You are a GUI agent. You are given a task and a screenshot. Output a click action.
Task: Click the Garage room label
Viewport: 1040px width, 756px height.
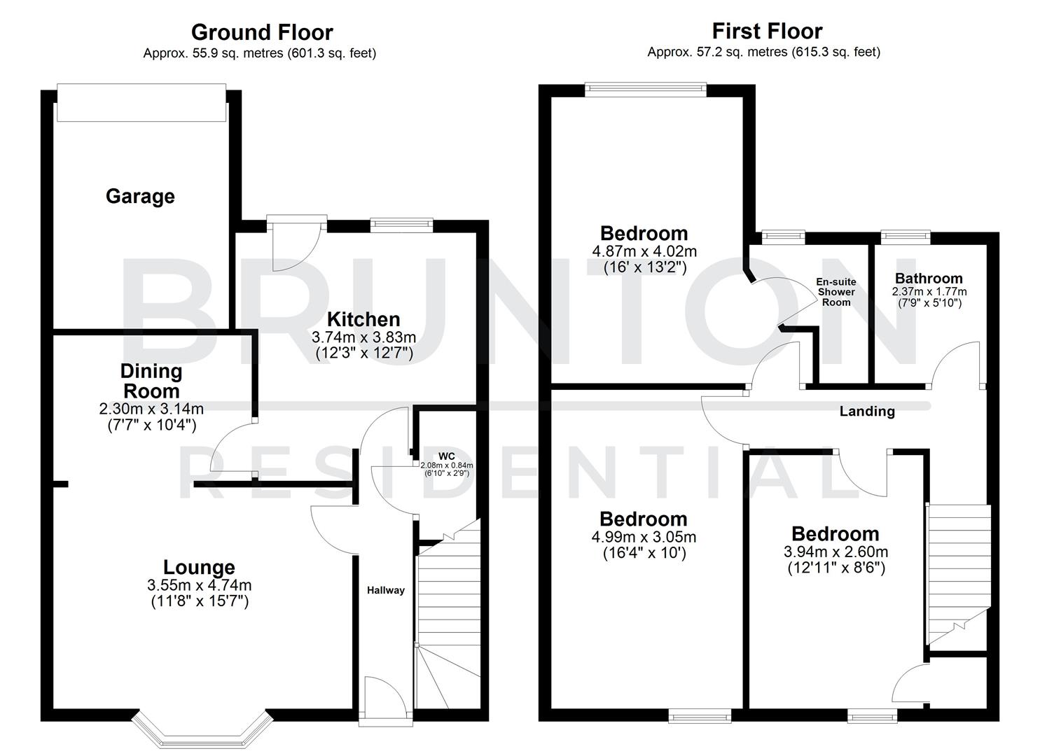pos(140,197)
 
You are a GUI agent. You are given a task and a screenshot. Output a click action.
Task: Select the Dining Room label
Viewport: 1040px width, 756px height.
pos(151,381)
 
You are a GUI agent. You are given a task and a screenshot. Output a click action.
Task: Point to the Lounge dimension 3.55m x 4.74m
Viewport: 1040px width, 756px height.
pos(200,585)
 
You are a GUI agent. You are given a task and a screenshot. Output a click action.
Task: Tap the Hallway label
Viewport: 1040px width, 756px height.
pos(386,590)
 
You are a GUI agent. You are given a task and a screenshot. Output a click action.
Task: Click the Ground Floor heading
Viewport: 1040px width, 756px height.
pos(261,32)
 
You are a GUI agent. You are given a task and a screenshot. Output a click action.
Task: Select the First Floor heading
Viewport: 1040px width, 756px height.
pos(767,31)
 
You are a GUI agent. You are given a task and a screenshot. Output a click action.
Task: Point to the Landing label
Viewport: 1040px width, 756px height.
pos(867,412)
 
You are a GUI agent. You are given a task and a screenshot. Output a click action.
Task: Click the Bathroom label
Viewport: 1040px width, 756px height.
pos(929,279)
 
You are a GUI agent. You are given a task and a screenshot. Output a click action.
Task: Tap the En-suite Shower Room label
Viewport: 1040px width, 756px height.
pos(836,292)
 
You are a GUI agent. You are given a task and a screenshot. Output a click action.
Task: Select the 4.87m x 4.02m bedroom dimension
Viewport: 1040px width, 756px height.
pos(644,251)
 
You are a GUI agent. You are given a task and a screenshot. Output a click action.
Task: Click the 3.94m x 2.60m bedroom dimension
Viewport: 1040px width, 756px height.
pos(836,552)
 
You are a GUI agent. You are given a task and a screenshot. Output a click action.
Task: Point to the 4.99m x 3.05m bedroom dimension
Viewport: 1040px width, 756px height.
pos(644,537)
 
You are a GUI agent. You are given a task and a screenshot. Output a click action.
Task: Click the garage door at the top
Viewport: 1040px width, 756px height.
pos(141,103)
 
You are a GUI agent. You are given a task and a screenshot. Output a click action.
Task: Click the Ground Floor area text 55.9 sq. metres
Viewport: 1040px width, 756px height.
pos(259,53)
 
